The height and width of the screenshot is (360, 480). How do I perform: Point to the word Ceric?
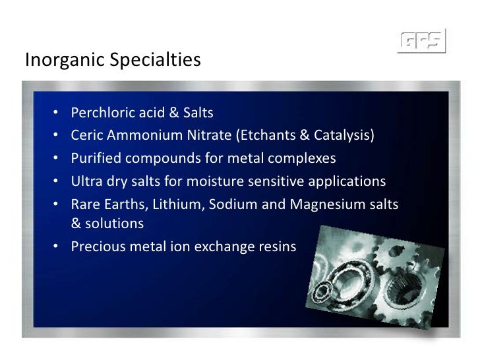coord(86,136)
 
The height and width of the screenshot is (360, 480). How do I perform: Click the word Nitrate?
coord(208,136)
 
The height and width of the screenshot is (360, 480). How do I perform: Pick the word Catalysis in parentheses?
coord(344,136)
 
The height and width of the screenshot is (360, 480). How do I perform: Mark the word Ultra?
coord(86,182)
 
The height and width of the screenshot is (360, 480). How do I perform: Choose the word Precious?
coord(96,247)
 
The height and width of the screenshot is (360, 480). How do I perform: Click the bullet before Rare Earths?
coord(57,205)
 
